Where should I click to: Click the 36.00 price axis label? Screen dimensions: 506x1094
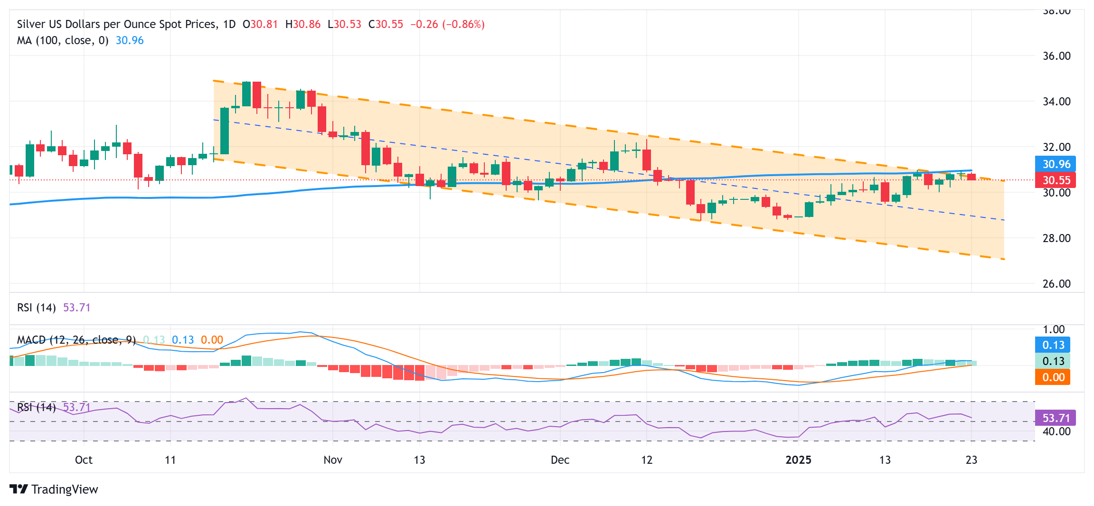tap(1056, 56)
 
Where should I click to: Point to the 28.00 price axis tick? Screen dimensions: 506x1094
tap(1056, 238)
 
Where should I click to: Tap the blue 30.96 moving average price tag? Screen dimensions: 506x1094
tap(1056, 164)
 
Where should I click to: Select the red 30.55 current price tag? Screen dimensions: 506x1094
tap(1056, 180)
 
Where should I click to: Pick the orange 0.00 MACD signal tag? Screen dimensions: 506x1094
tap(1053, 377)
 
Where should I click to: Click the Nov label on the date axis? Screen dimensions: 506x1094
tap(332, 460)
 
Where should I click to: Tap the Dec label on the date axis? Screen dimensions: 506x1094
tap(560, 460)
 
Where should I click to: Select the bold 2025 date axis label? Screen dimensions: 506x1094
tap(798, 460)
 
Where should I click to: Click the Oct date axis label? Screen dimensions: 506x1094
tap(84, 460)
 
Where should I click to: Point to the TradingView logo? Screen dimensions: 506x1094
tap(54, 489)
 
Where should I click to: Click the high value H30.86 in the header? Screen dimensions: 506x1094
tap(302, 24)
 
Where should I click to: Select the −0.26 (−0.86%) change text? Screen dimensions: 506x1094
tap(447, 24)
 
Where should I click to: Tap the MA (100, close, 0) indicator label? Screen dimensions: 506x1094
tap(62, 40)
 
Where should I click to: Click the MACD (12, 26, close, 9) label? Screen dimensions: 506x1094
tap(76, 340)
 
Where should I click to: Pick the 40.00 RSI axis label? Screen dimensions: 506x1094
tap(1056, 431)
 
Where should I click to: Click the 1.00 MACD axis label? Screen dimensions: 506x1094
tap(1053, 329)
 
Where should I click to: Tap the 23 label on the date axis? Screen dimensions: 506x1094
tap(971, 460)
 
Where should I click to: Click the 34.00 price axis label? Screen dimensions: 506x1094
tap(1056, 102)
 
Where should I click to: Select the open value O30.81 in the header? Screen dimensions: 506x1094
tap(260, 24)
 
